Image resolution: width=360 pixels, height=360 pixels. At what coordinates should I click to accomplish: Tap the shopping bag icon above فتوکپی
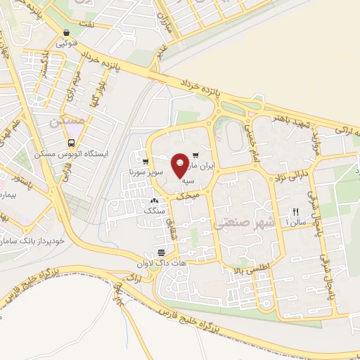click(x=65, y=32)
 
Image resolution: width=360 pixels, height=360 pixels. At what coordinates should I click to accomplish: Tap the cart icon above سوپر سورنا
click(x=146, y=161)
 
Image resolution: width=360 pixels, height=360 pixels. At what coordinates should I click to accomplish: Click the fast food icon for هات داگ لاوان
click(x=162, y=252)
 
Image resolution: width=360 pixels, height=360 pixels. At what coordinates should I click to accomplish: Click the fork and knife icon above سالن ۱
click(x=295, y=212)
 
